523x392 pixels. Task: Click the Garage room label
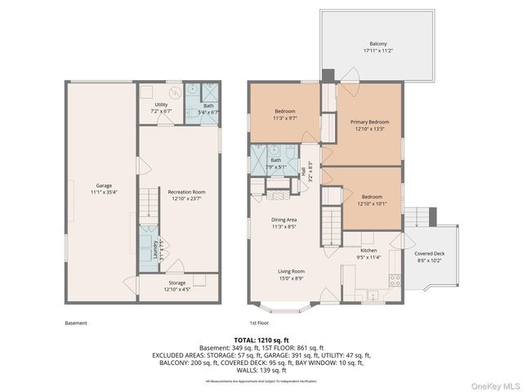[x=104, y=185]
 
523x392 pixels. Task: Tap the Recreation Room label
[x=187, y=191]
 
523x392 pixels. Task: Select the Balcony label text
[x=378, y=44]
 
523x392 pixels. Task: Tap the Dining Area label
[x=284, y=220]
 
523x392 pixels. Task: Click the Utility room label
[x=161, y=105]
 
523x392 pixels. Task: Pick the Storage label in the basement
[x=177, y=283]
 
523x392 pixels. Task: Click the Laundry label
[x=155, y=248]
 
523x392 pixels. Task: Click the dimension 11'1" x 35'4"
[x=104, y=193]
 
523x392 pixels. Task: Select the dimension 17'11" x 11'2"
[x=378, y=51]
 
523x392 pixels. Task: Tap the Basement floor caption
[x=75, y=323]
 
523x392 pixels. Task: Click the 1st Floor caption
[x=260, y=323]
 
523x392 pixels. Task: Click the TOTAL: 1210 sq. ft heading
[x=261, y=340]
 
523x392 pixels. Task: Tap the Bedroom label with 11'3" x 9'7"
[x=284, y=111]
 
